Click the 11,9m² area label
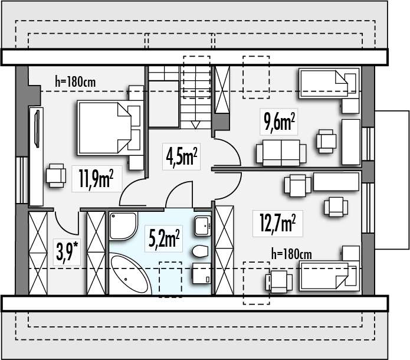[96, 179]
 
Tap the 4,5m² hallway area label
[182, 156]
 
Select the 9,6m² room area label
[279, 122]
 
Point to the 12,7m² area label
[277, 223]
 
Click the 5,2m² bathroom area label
[164, 238]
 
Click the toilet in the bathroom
[201, 251]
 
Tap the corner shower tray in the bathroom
[123, 226]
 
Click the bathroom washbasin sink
[202, 226]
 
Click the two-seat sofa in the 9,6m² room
[281, 153]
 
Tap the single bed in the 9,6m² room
[329, 83]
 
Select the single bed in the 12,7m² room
[329, 277]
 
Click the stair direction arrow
[196, 125]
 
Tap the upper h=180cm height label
[76, 81]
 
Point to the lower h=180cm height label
[291, 254]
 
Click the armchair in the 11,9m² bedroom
[55, 175]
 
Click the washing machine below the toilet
[202, 273]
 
